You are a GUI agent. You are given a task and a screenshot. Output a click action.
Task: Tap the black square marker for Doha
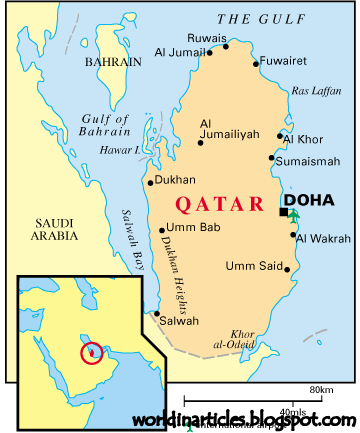(x=284, y=212)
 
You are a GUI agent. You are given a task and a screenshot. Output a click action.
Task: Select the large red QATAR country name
(x=213, y=203)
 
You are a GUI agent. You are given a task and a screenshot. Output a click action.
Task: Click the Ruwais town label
(x=205, y=39)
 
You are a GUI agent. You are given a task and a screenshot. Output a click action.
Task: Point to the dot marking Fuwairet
(x=258, y=64)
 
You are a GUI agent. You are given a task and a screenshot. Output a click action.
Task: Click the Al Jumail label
(x=181, y=52)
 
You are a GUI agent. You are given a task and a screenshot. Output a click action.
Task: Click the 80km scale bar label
(x=321, y=389)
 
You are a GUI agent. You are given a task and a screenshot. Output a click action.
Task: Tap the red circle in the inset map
(x=91, y=352)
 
